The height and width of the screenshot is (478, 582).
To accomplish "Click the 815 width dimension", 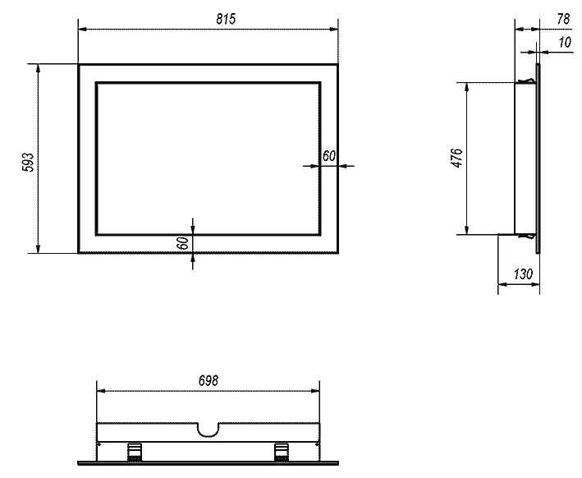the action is coord(226,19).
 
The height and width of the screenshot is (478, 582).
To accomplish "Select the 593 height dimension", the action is coord(28,163).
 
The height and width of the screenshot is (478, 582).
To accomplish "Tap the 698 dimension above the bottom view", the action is coord(209,381).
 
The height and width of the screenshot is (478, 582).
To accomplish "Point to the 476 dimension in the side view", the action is coord(457,158).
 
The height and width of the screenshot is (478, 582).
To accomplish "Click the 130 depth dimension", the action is coord(523,274).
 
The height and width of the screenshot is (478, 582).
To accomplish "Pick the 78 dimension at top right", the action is coord(562,19).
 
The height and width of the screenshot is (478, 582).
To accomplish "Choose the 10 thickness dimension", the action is coord(564,43).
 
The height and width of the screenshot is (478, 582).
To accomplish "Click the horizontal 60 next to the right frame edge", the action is coord(329,156).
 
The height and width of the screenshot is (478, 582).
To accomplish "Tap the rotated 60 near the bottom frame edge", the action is coord(183,243).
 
